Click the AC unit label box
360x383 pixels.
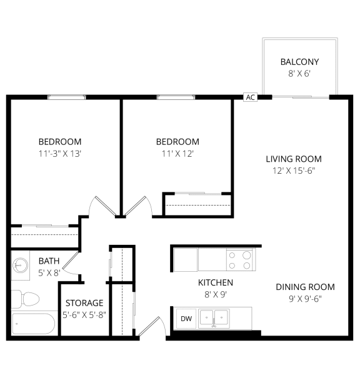[x=251, y=97]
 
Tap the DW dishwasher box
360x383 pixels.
[x=186, y=319]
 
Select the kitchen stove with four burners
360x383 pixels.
[x=239, y=259]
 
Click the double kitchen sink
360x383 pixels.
[x=214, y=319]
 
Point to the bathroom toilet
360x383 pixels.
[x=26, y=298]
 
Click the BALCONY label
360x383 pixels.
[x=299, y=62]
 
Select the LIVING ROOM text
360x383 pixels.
[x=293, y=159]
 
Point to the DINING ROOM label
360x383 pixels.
[x=305, y=287]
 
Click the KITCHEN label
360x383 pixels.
[x=216, y=282]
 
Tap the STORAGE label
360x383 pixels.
[x=84, y=303]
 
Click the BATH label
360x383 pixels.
[x=49, y=261]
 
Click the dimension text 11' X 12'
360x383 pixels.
[x=177, y=153]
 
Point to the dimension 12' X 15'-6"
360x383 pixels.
[x=293, y=171]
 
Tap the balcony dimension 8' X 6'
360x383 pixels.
[x=299, y=73]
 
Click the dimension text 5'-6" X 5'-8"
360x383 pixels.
[x=84, y=314]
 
